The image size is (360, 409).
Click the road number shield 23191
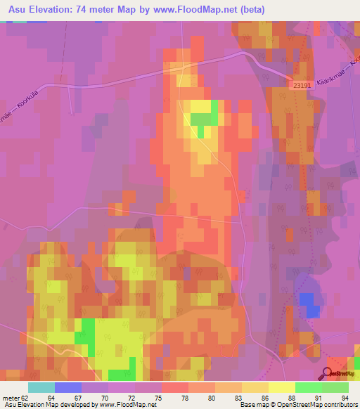pos(300,84)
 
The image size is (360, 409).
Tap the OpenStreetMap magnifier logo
pos(329,372)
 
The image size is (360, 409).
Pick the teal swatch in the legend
pos(41,387)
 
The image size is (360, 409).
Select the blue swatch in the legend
pos(67,387)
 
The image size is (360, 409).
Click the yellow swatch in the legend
pos(281,387)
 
